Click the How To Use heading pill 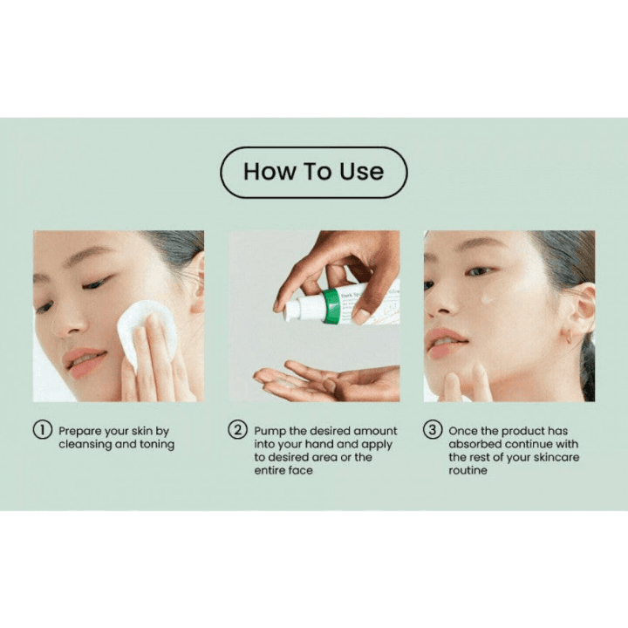tap(313, 172)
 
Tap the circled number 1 tap(43, 431)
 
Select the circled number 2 tap(237, 431)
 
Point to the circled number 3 tap(433, 431)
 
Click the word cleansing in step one tap(85, 445)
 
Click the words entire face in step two tap(283, 471)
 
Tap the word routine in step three tap(468, 471)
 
